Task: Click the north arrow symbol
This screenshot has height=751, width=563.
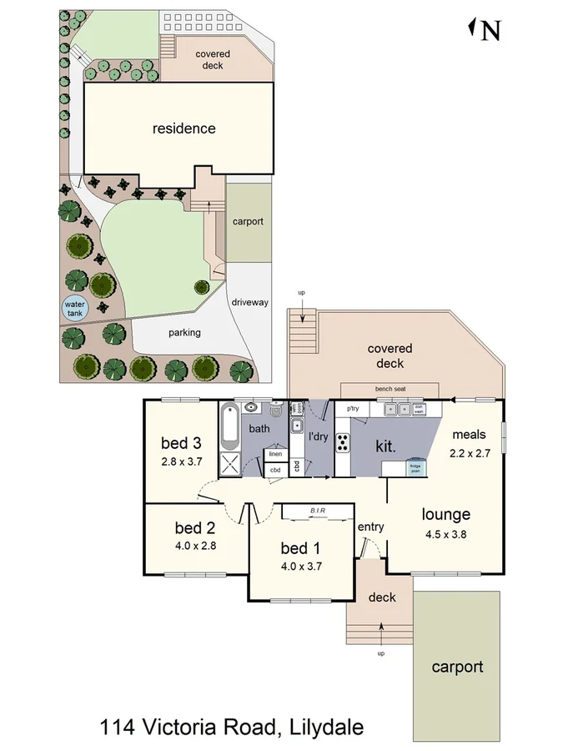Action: point(485,30)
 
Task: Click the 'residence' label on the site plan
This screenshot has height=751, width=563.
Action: point(183,129)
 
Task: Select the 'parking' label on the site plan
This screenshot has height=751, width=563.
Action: point(184,332)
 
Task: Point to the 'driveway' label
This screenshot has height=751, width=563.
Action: point(249,302)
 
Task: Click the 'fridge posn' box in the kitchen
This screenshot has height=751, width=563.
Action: point(415,468)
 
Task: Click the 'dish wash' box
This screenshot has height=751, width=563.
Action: point(420,410)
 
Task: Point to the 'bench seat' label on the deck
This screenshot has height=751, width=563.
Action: point(390,390)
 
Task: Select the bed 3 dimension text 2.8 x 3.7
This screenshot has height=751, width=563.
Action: point(182,461)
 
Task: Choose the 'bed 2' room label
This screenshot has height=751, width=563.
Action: point(196,527)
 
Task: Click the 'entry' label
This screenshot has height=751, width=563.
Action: point(370,527)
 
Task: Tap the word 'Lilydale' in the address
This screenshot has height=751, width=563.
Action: point(326,727)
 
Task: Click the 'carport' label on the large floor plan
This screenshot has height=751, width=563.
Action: point(457,667)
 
